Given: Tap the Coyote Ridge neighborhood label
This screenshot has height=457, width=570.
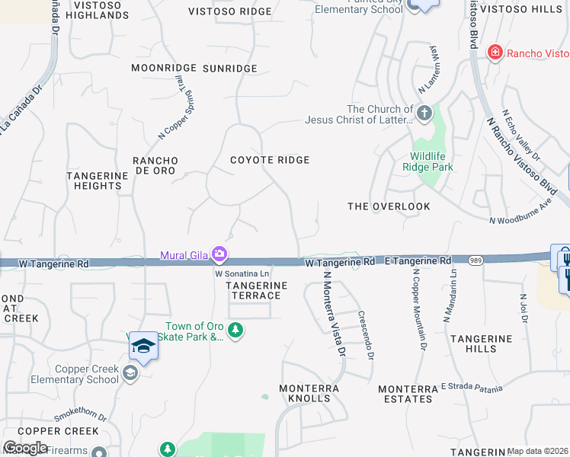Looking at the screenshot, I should pyautogui.click(x=270, y=160).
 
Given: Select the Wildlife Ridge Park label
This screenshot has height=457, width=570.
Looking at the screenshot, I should pyautogui.click(x=427, y=161).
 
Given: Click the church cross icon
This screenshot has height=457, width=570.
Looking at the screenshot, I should pyautogui.click(x=424, y=115).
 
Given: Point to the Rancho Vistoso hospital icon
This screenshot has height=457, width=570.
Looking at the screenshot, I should pyautogui.click(x=495, y=53).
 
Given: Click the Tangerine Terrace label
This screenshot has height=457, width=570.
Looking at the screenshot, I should pyautogui.click(x=257, y=290).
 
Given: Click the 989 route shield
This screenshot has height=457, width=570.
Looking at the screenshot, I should pyautogui.click(x=474, y=260).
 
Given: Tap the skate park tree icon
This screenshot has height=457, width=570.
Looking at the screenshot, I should pyautogui.click(x=236, y=330).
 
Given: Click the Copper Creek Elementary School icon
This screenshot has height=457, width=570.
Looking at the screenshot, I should pyautogui.click(x=130, y=372).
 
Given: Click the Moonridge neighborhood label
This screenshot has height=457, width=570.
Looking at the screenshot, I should pyautogui.click(x=163, y=68).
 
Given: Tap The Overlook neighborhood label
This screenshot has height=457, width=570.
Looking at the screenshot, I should pyautogui.click(x=389, y=206).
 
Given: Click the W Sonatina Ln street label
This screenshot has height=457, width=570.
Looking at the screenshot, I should pyautogui.click(x=242, y=273).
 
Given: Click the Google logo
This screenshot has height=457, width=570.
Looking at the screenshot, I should pyautogui.click(x=26, y=448).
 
